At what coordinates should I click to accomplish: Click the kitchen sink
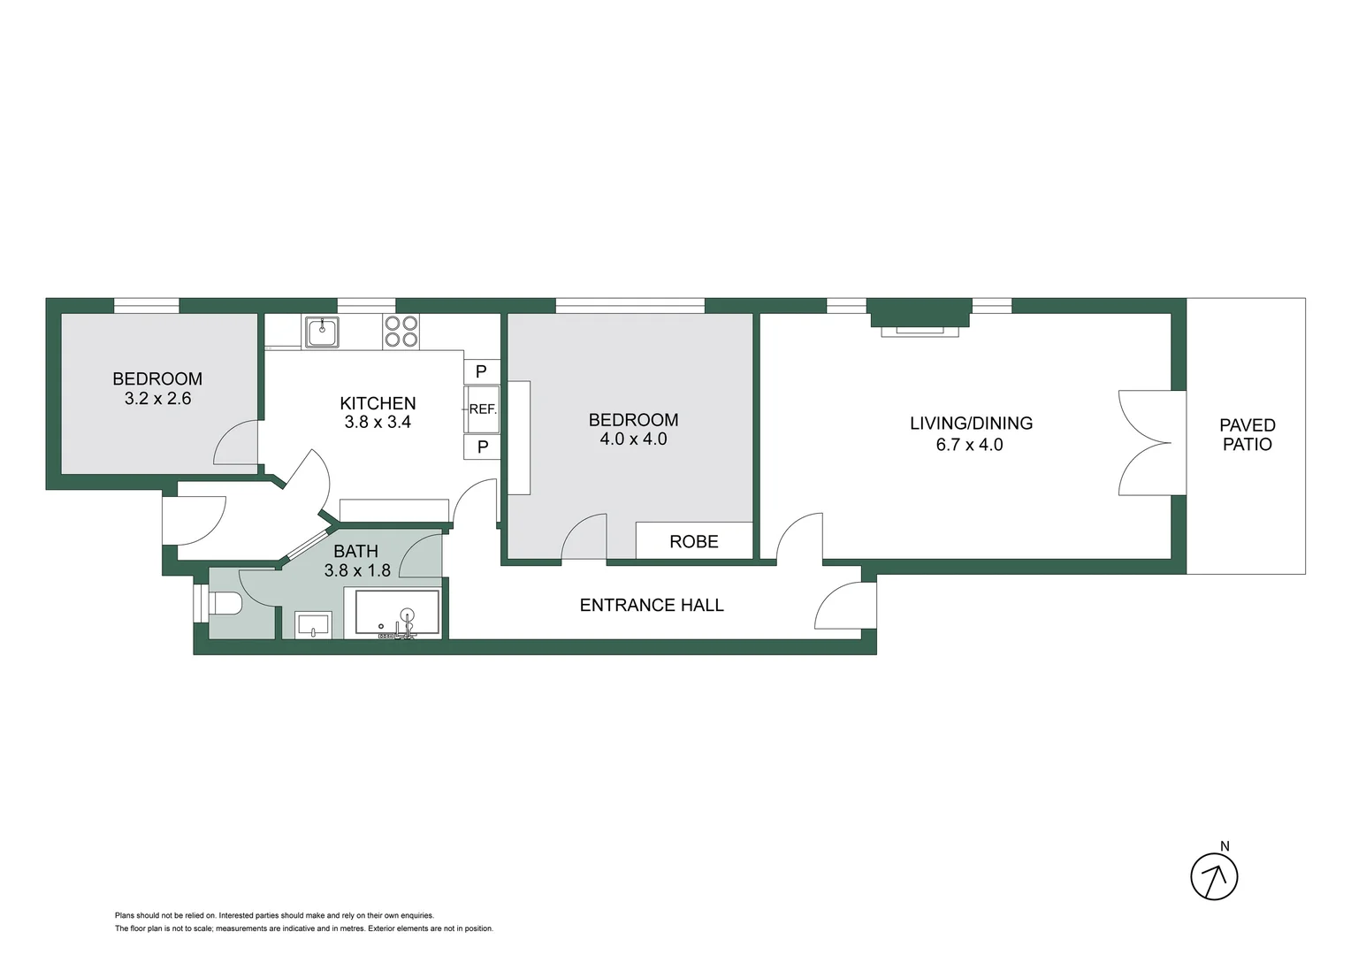pos(322,332)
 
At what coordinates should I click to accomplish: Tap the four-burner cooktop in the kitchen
pos(401,332)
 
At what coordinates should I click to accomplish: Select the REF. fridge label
pos(483,409)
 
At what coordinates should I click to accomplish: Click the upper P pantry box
pos(482,372)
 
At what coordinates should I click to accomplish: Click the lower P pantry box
pos(482,447)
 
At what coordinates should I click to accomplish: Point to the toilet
pos(225,604)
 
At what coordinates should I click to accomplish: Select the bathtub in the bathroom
pos(397,614)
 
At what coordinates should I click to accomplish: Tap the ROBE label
pos(694,541)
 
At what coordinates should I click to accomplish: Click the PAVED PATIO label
pos(1247,435)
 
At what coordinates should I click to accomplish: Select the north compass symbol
pos(1214,876)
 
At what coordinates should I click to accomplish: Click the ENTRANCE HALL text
pos(652,606)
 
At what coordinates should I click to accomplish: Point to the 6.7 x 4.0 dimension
pos(969,445)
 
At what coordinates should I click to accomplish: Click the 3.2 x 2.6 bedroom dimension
pos(157,399)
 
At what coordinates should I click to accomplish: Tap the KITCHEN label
pos(378,403)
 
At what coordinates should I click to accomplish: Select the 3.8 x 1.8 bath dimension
pos(357,571)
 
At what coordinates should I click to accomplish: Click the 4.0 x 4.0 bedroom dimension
pos(633,439)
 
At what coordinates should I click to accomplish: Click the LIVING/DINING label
pos(971,424)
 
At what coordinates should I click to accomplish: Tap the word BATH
pos(355,552)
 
